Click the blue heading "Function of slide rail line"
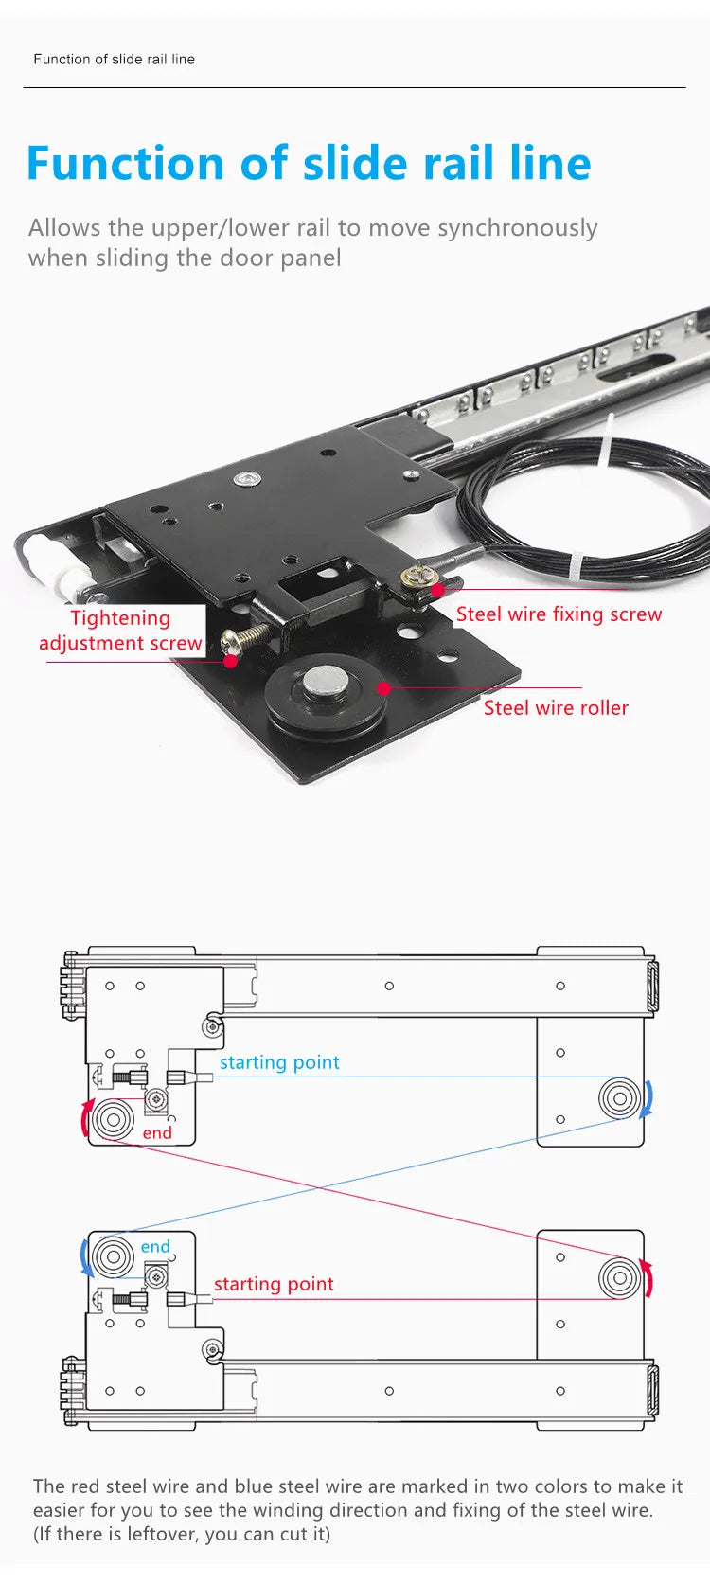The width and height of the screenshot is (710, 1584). pyautogui.click(x=309, y=163)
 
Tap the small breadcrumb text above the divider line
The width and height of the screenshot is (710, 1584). pyautogui.click(x=114, y=59)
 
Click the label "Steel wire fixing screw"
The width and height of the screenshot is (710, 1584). pyautogui.click(x=559, y=614)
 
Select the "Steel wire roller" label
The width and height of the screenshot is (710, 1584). pyautogui.click(x=556, y=708)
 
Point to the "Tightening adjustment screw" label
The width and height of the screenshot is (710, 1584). pyautogui.click(x=120, y=631)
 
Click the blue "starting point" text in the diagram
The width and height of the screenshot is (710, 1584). pyautogui.click(x=279, y=1062)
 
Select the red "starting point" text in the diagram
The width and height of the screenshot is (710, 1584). pyautogui.click(x=274, y=1284)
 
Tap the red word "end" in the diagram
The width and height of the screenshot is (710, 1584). pyautogui.click(x=157, y=1133)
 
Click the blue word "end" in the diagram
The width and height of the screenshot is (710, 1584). pyautogui.click(x=155, y=1247)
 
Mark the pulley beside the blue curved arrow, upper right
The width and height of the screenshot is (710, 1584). pyautogui.click(x=619, y=1099)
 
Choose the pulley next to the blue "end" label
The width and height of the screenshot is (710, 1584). pyautogui.click(x=113, y=1258)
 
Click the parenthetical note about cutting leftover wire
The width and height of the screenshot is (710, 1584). pyautogui.click(x=182, y=1534)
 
